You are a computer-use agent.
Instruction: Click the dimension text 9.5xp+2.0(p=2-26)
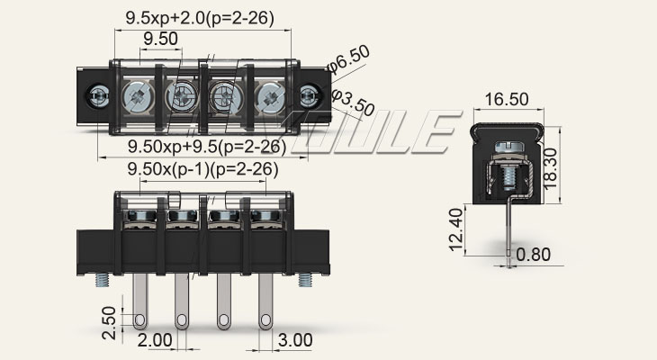click(x=200, y=17)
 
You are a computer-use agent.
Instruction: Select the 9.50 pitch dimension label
click(x=161, y=38)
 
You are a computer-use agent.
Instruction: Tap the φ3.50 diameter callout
click(x=354, y=102)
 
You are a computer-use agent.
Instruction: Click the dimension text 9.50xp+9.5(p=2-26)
click(x=206, y=147)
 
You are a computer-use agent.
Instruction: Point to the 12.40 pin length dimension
click(x=456, y=229)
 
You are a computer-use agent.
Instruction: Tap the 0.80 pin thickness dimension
click(x=534, y=255)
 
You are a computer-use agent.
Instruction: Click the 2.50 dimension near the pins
click(x=107, y=320)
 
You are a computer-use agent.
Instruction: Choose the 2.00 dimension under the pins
click(x=155, y=341)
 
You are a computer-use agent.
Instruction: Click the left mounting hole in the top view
click(x=100, y=94)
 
